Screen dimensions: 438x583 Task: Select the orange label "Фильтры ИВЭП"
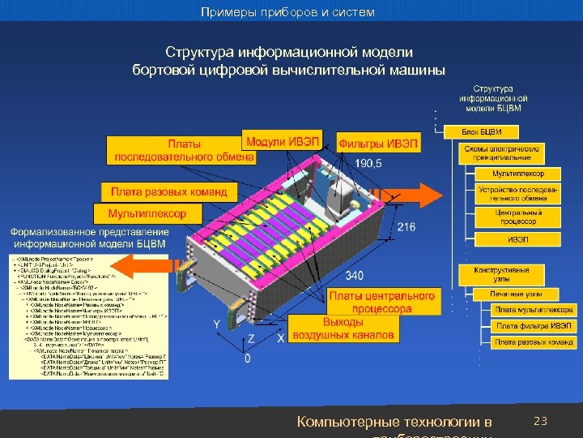(379, 144)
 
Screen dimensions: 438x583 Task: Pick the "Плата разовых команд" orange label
(170, 192)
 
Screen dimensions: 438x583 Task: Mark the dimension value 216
(406, 227)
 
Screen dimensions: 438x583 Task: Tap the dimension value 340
(355, 274)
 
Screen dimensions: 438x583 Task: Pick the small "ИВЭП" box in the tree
(517, 239)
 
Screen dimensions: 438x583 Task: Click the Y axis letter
(217, 324)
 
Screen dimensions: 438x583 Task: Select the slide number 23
(542, 421)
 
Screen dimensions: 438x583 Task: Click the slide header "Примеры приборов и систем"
(288, 12)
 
